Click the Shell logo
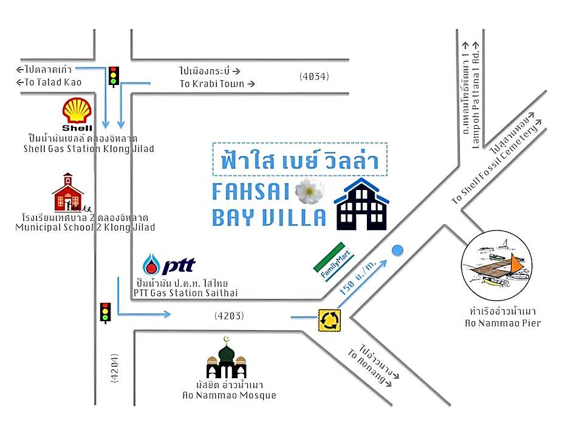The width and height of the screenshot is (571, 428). [77, 114]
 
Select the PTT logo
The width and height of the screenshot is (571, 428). [169, 265]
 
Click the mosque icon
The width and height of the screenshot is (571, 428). [226, 361]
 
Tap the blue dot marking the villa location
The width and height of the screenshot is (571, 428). [397, 250]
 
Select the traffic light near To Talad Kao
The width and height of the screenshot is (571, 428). [113, 75]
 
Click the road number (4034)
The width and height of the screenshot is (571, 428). [314, 76]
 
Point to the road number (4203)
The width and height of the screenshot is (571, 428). [230, 316]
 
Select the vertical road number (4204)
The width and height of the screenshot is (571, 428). [114, 368]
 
